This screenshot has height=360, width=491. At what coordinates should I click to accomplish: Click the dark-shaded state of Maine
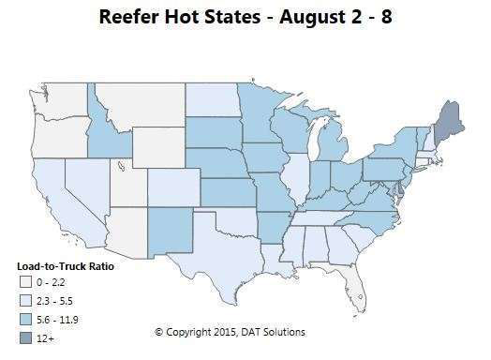point(451,122)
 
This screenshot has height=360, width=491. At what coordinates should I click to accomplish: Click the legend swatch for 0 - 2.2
point(23,281)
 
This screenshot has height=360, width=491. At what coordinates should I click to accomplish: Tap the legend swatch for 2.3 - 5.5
point(23,299)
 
